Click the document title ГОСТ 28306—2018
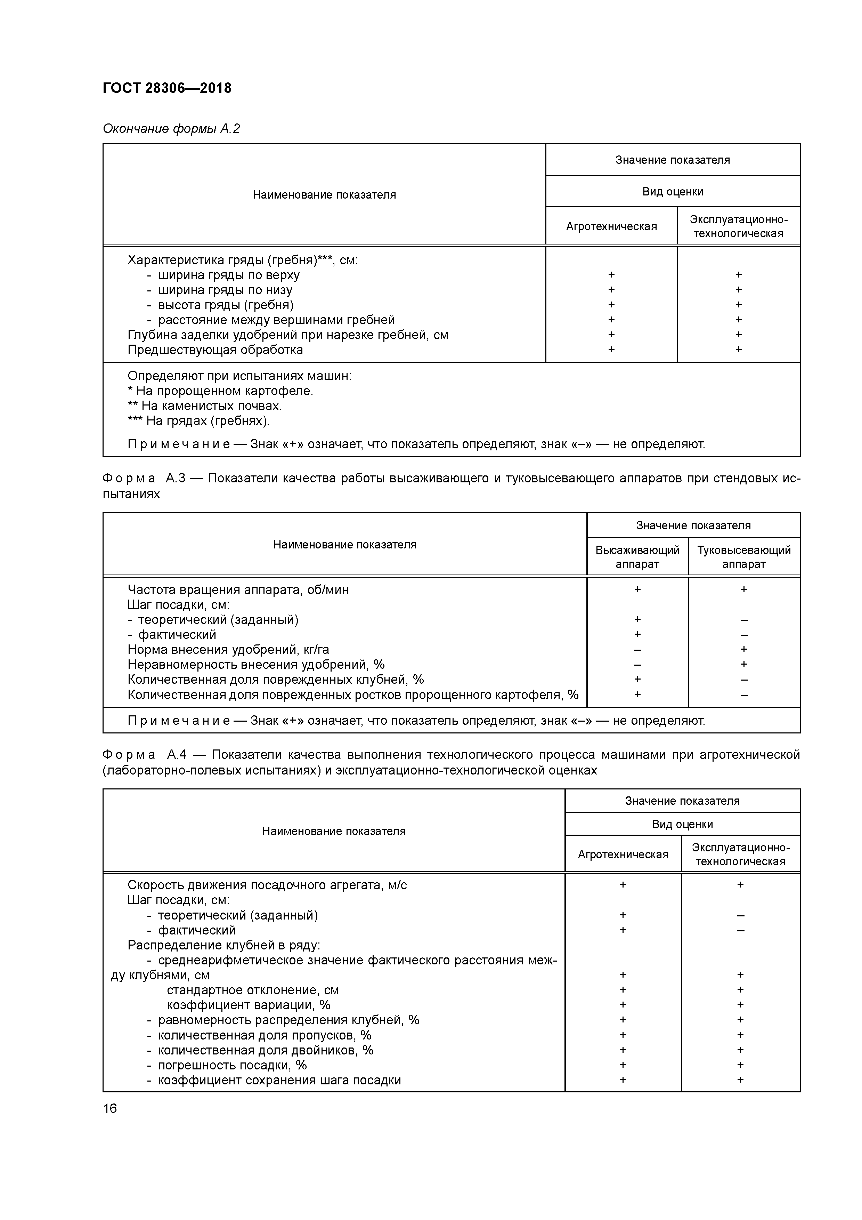(167, 88)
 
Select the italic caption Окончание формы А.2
(171, 129)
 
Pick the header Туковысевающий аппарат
(743, 557)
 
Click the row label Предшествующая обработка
(215, 350)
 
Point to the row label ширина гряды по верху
(228, 275)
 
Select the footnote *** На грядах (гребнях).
(198, 421)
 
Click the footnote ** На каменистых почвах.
(204, 406)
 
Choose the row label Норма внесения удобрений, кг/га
(228, 649)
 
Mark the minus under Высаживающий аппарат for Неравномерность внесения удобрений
(637, 665)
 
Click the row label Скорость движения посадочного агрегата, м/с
(267, 885)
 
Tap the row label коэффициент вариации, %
(249, 1005)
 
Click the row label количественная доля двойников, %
(266, 1050)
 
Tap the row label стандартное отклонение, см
(253, 990)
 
